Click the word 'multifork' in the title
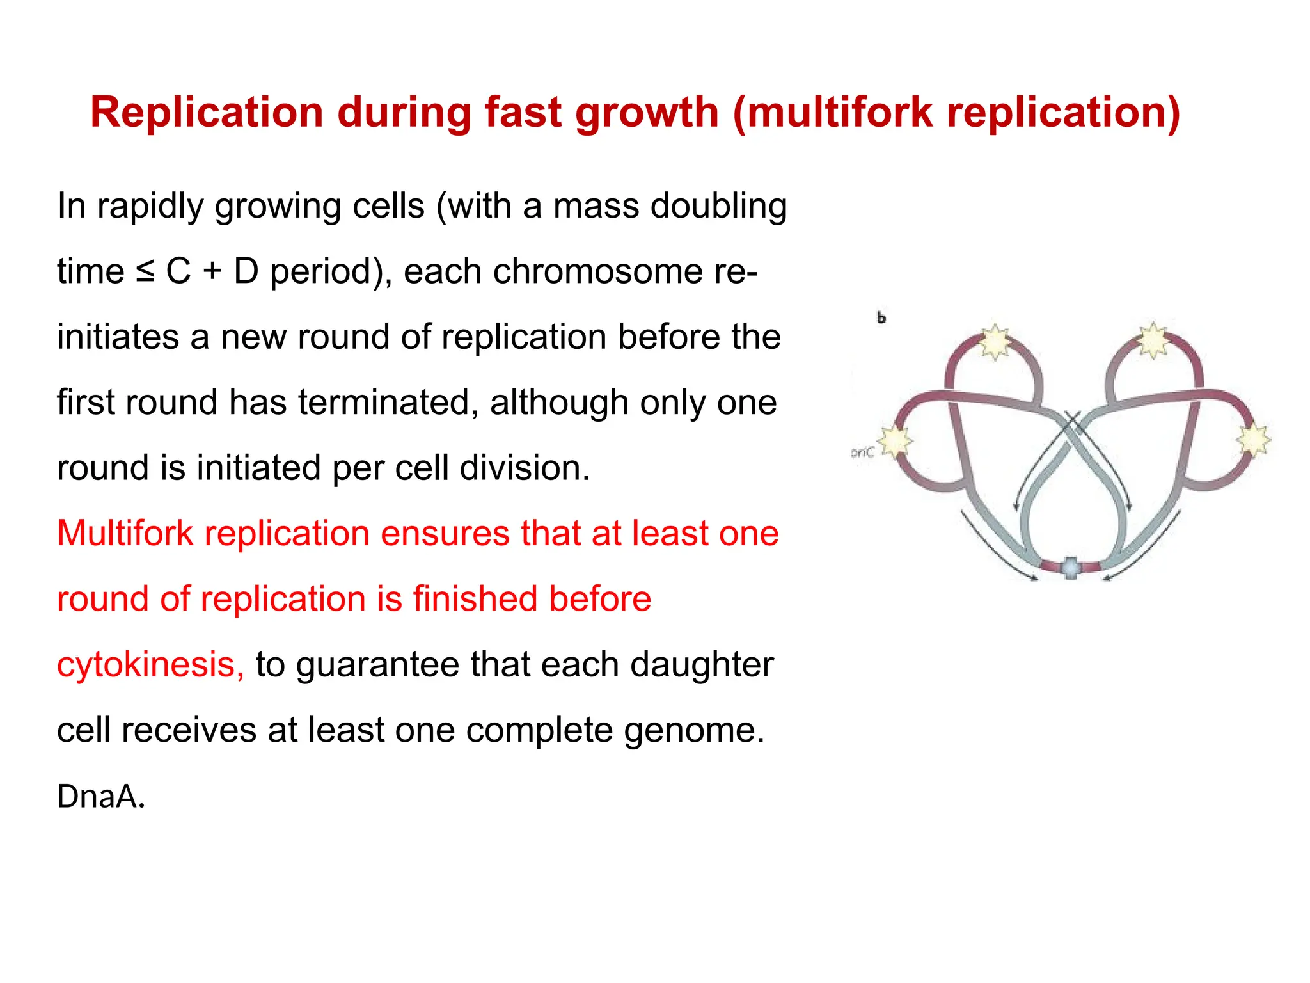[x=839, y=113]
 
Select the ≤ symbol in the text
[x=145, y=271]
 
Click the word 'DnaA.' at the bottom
[x=101, y=797]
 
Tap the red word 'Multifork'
[x=125, y=533]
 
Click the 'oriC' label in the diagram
[x=862, y=452]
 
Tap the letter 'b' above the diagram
[x=881, y=317]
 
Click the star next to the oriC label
[x=896, y=441]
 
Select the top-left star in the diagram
[x=995, y=340]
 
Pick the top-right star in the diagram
[x=1152, y=340]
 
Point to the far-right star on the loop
[x=1252, y=440]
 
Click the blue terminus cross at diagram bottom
[x=1071, y=567]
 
